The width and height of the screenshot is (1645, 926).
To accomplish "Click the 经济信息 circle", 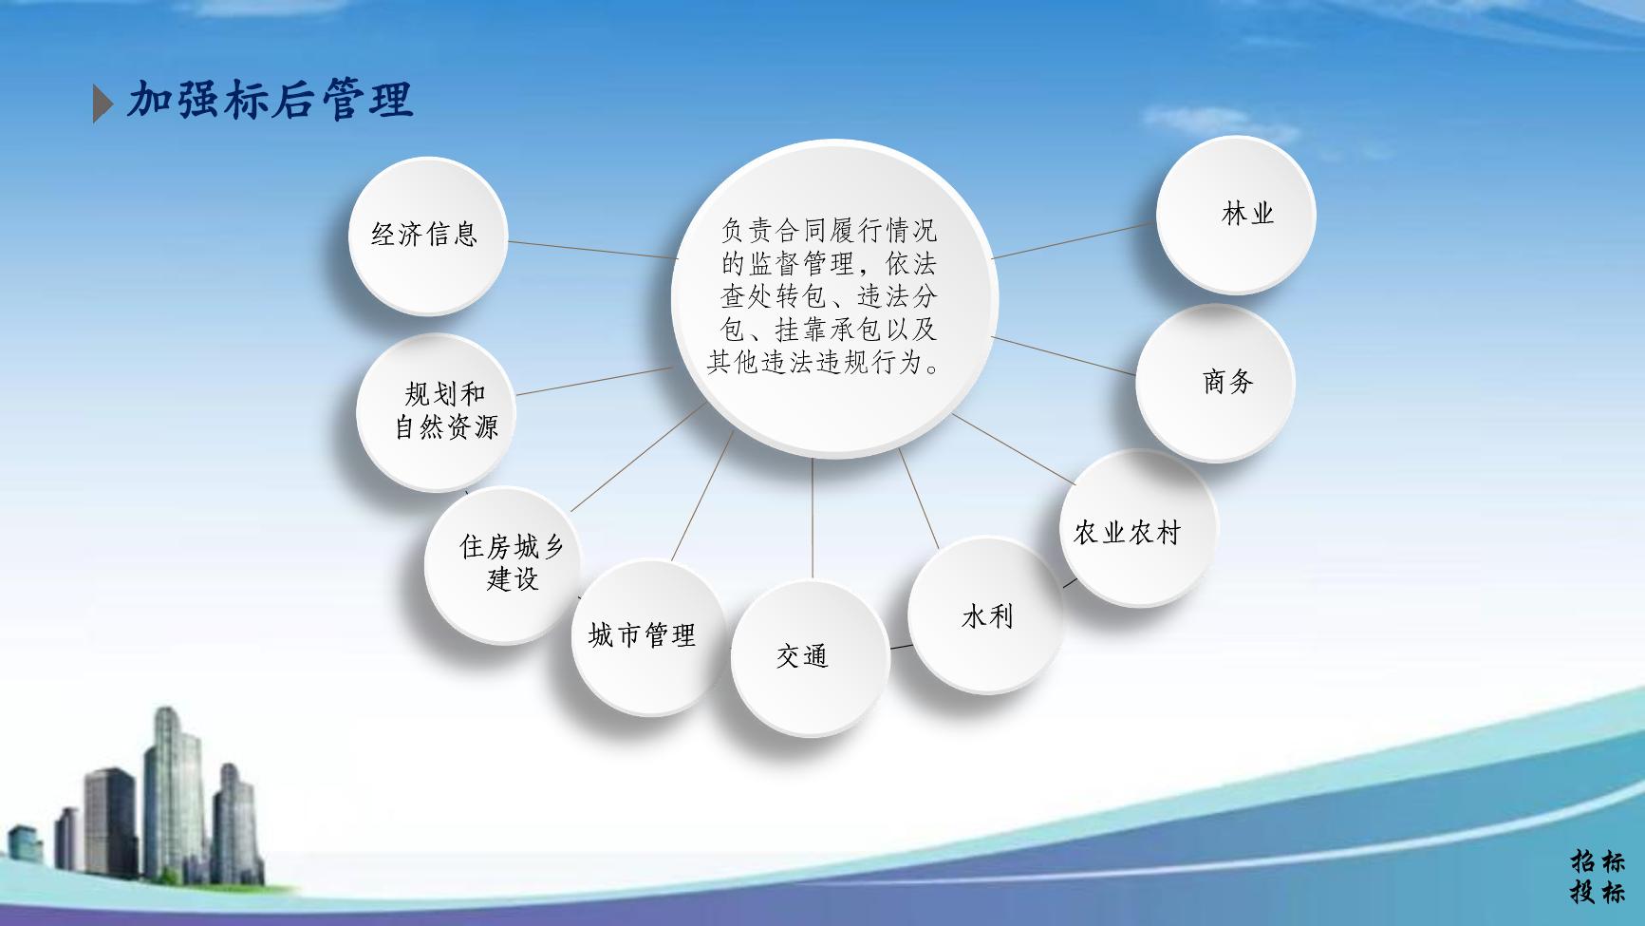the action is [427, 236].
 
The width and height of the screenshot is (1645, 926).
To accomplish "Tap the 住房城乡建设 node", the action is [503, 564].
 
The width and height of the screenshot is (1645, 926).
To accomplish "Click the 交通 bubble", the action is [811, 658].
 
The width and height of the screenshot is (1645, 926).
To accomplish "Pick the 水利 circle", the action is [986, 614].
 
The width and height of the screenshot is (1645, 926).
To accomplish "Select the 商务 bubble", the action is [1215, 383].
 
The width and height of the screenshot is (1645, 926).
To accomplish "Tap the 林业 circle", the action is [1236, 215].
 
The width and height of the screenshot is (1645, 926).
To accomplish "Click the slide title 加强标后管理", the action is [271, 100].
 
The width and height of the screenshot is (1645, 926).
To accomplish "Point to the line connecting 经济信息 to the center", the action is [593, 249].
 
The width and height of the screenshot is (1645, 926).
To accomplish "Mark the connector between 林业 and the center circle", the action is [1075, 240].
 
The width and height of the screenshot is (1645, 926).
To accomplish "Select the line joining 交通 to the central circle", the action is [813, 519].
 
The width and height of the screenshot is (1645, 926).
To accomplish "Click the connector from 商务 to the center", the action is [1064, 355].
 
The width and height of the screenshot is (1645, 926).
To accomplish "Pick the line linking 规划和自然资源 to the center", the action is [594, 381].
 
